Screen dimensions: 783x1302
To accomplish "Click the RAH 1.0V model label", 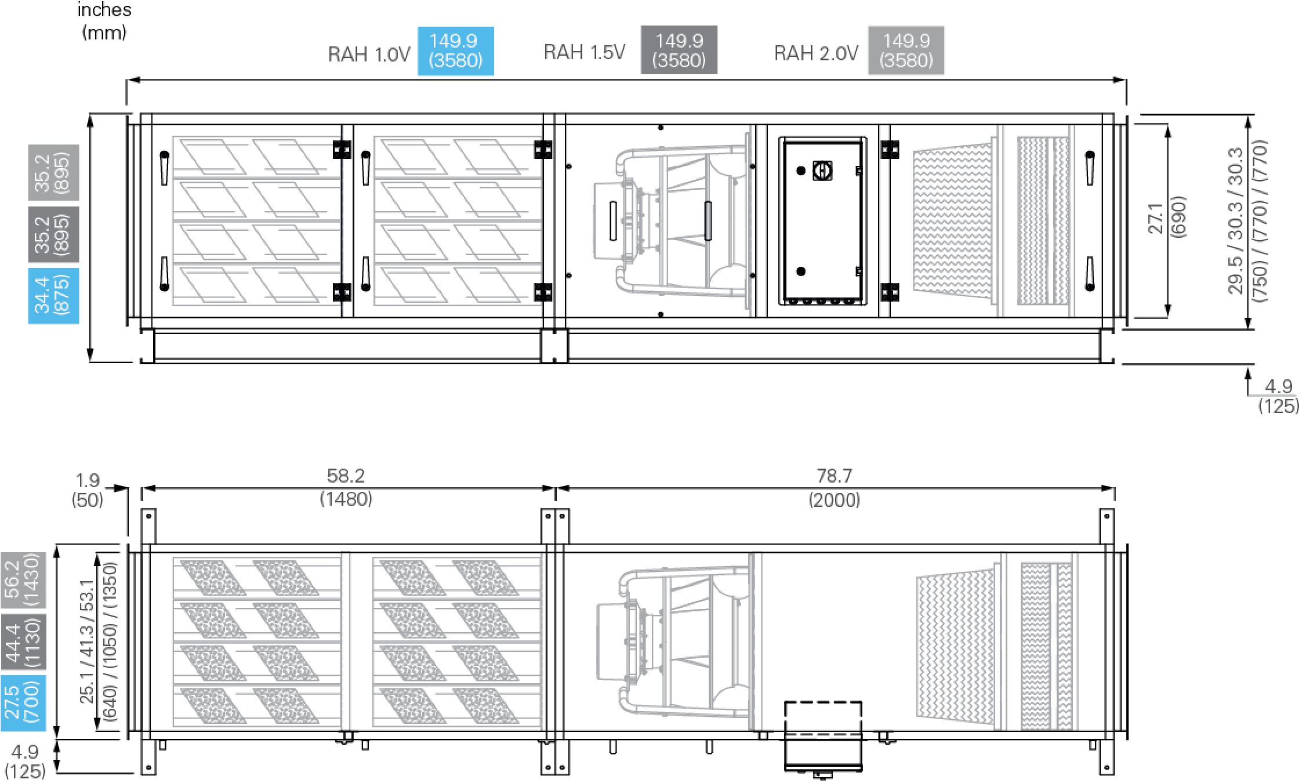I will click(x=369, y=55).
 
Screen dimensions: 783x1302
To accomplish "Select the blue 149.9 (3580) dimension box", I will click(x=456, y=50).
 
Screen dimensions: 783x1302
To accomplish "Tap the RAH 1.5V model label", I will click(x=585, y=52).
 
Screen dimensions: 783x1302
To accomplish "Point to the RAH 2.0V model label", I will click(x=816, y=53).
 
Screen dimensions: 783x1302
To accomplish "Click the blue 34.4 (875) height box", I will click(x=53, y=295).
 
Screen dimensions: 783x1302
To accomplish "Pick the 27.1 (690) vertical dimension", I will click(x=1167, y=220).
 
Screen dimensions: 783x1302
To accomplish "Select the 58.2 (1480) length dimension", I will click(x=346, y=487).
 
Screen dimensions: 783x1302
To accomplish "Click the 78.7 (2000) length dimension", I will click(x=834, y=487).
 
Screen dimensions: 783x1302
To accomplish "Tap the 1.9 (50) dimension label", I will click(x=88, y=490).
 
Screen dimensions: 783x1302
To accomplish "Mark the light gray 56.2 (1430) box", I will click(x=23, y=580).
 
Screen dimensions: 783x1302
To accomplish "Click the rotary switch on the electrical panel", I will click(x=822, y=170).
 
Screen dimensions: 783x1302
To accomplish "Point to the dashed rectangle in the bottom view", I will click(x=823, y=719).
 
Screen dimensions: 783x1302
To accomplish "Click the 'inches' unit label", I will click(x=104, y=10).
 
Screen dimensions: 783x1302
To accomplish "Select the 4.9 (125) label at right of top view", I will click(x=1278, y=396).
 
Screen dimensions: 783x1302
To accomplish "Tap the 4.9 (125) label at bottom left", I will click(x=25, y=761).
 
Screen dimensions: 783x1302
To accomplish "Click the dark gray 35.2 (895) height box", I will click(x=53, y=234).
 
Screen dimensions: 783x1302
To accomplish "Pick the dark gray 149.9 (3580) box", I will click(x=679, y=50).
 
